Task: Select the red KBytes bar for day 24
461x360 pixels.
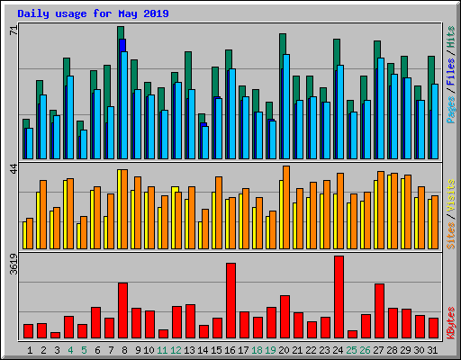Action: pyautogui.click(x=339, y=296)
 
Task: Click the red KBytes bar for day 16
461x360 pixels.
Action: pyautogui.click(x=230, y=300)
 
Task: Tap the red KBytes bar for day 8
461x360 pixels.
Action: pyautogui.click(x=122, y=310)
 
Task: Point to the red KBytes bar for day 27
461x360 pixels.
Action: pyautogui.click(x=379, y=310)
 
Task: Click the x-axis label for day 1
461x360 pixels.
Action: pyautogui.click(x=30, y=349)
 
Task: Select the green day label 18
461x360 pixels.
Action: pyautogui.click(x=258, y=349)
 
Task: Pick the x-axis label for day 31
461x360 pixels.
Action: pyautogui.click(x=433, y=349)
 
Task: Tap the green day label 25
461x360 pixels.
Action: pyautogui.click(x=352, y=349)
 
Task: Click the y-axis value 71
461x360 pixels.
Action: pyautogui.click(x=14, y=30)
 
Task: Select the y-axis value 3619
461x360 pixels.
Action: pyautogui.click(x=14, y=269)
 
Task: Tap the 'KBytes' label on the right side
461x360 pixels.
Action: pyautogui.click(x=450, y=320)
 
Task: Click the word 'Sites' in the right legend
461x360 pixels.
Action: pyautogui.click(x=450, y=231)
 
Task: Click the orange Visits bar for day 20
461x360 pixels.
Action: pyautogui.click(x=286, y=207)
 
